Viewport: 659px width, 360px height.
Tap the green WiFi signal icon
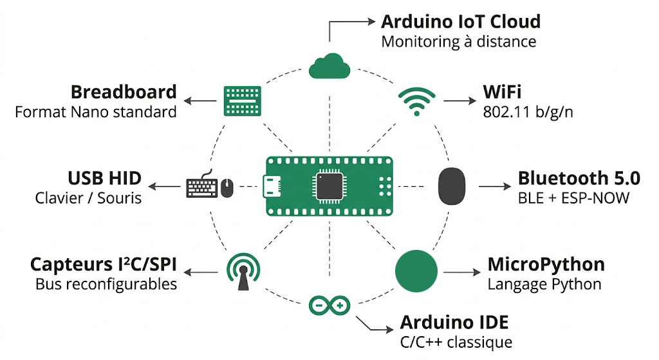click(416, 102)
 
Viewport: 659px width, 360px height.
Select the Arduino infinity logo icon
click(329, 303)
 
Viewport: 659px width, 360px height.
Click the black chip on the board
click(329, 186)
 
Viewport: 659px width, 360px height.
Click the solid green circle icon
click(415, 270)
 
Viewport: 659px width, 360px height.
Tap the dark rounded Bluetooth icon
click(452, 186)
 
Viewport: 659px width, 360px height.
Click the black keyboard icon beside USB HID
click(201, 187)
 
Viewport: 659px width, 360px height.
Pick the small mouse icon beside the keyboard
click(227, 188)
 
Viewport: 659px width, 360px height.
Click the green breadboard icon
click(242, 101)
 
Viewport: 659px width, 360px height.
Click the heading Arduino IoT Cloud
click(461, 22)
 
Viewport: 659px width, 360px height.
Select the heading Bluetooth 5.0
click(579, 178)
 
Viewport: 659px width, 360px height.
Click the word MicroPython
click(546, 264)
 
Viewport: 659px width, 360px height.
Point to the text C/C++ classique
click(456, 341)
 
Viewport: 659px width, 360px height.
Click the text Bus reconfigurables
click(106, 283)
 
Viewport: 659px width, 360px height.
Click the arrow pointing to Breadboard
click(200, 101)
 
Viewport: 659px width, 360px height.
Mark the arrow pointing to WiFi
click(459, 101)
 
